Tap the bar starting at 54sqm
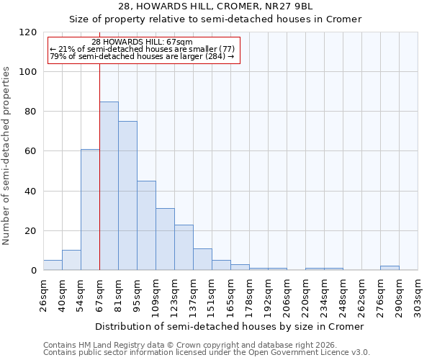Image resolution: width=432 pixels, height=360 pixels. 90,210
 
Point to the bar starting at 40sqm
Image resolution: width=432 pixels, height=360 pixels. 71,260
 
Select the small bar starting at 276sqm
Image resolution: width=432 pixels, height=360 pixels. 390,268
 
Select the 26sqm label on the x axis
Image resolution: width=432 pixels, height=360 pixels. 43,293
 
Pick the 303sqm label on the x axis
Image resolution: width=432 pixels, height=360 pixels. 418,293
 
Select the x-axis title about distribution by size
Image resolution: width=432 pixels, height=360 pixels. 230,326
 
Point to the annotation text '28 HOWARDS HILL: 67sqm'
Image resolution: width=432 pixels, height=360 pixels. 142,42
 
